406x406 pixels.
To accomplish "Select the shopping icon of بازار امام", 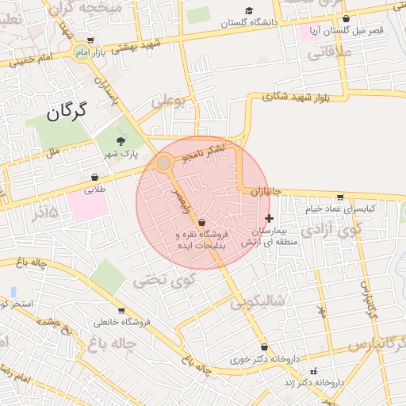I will pos(91,40).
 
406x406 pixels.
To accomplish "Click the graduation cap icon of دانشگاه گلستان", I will pos(250,11).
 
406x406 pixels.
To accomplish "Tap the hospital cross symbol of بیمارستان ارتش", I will pos(269,218).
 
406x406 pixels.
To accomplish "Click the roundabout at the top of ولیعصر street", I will pos(163,163).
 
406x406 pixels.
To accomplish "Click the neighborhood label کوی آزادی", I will pos(350,232).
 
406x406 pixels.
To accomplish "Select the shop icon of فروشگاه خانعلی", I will pos(121,311).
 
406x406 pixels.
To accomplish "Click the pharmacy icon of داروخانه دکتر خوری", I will pos(263,348).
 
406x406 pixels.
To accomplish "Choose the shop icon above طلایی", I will pos(95,177).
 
